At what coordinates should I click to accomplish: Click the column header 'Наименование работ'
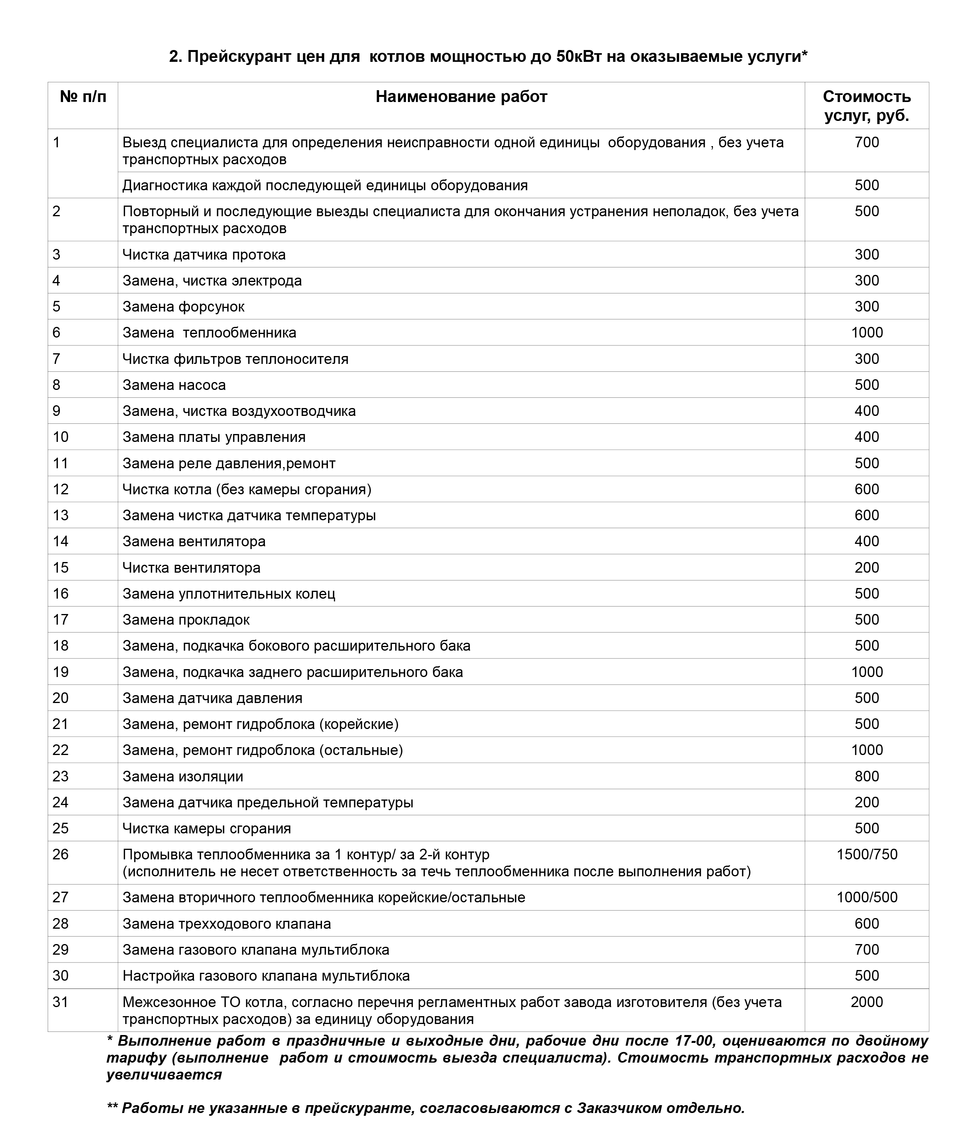[461, 97]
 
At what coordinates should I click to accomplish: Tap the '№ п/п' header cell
[83, 97]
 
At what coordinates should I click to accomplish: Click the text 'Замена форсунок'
[183, 307]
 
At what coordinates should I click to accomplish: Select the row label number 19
[61, 672]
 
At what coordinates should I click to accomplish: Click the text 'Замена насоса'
[174, 385]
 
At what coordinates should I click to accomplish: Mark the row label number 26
[61, 854]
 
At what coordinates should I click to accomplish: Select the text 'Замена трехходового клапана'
[227, 924]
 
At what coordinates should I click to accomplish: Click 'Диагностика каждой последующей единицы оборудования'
[325, 185]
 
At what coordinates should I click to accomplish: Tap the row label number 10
[61, 437]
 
